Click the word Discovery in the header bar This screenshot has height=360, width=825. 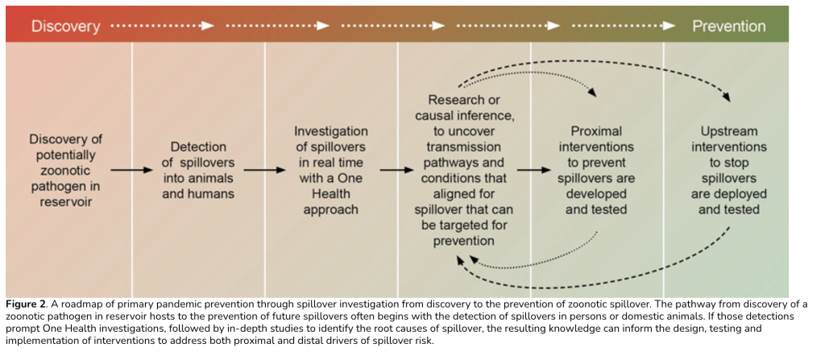[65, 26]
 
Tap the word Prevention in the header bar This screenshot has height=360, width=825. [728, 26]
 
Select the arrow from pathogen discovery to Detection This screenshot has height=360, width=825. [131, 171]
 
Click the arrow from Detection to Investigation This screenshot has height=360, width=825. [264, 171]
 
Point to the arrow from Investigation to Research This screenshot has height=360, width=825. [396, 171]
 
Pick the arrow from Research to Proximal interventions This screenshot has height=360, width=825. [529, 171]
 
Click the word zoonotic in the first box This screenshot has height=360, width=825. [66, 171]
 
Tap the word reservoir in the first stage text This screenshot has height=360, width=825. [66, 201]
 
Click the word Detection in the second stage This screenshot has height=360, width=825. [198, 148]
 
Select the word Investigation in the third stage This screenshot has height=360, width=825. [331, 131]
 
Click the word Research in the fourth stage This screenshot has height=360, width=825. [457, 101]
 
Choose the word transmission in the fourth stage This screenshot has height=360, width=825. [462, 147]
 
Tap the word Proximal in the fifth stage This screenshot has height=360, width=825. [596, 131]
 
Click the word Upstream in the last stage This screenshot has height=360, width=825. [728, 131]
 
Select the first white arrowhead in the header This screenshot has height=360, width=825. [209, 26]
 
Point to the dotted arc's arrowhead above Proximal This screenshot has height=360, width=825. [594, 93]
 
